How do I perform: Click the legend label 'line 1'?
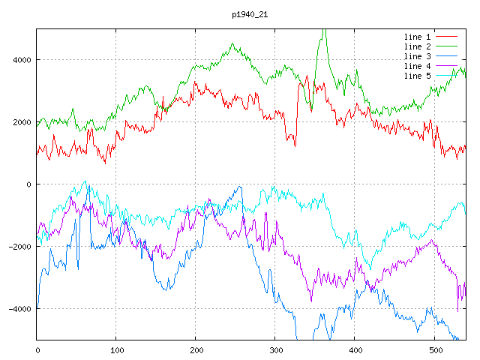[x=418, y=37]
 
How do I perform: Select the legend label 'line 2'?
[x=418, y=46]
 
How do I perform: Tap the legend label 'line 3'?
[x=418, y=56]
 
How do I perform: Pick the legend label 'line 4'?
[x=418, y=66]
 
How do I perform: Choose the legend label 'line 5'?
[x=418, y=76]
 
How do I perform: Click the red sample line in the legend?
[x=447, y=37]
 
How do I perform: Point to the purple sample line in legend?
[x=447, y=66]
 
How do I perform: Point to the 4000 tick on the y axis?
[x=22, y=60]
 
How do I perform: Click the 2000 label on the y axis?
[x=22, y=122]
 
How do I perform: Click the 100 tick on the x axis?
[x=116, y=349]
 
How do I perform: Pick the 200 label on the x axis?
[x=196, y=349]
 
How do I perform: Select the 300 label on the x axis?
[x=275, y=349]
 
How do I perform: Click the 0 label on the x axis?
[x=37, y=349]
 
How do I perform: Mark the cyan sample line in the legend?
[x=447, y=76]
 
